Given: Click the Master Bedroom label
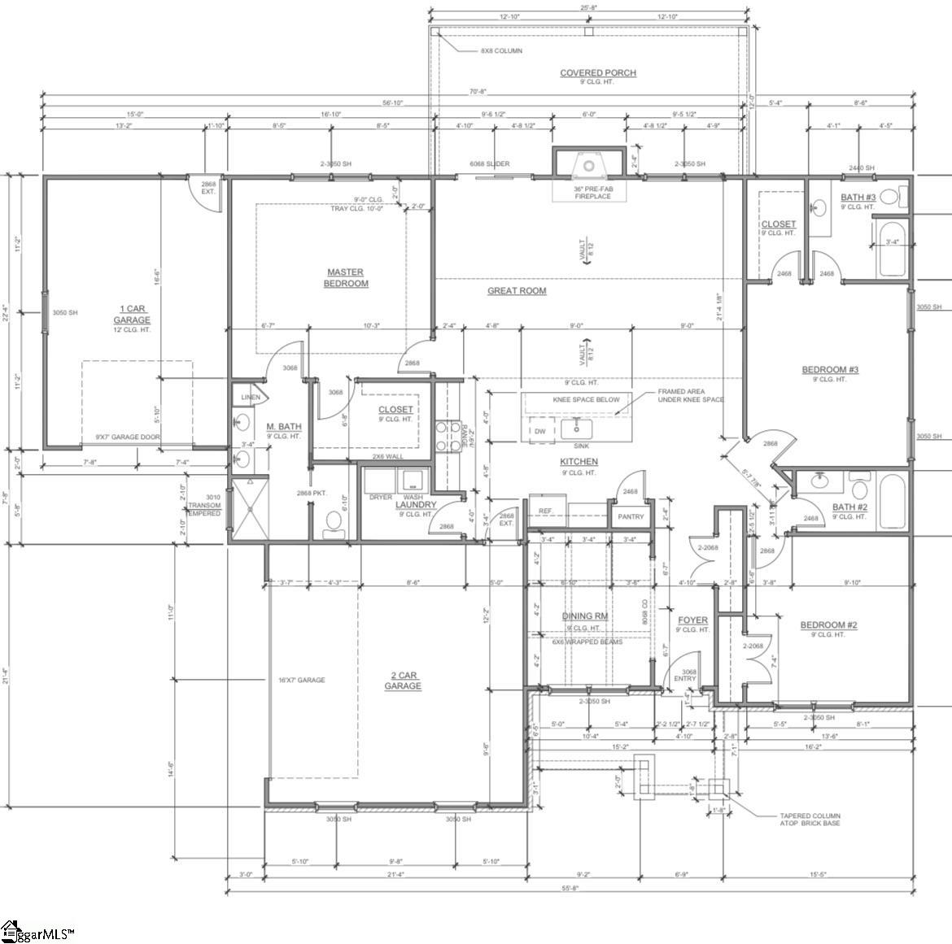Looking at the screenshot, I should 346,278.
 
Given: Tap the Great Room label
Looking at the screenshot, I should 517,291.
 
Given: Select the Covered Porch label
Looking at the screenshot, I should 597,73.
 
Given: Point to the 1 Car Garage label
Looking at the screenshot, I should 131,315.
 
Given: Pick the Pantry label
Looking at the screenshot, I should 631,517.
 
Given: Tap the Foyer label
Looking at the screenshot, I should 692,620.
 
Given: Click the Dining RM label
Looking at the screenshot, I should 585,616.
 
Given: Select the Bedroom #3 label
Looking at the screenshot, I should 830,371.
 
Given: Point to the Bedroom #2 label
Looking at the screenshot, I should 828,625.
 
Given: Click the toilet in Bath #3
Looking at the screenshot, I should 890,197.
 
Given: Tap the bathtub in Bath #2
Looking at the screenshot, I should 893,502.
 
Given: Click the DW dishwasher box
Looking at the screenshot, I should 539,431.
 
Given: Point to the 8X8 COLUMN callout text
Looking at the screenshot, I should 501,51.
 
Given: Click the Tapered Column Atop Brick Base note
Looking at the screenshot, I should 810,820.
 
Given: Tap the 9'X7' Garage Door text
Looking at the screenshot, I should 128,437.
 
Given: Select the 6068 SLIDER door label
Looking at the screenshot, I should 490,164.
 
